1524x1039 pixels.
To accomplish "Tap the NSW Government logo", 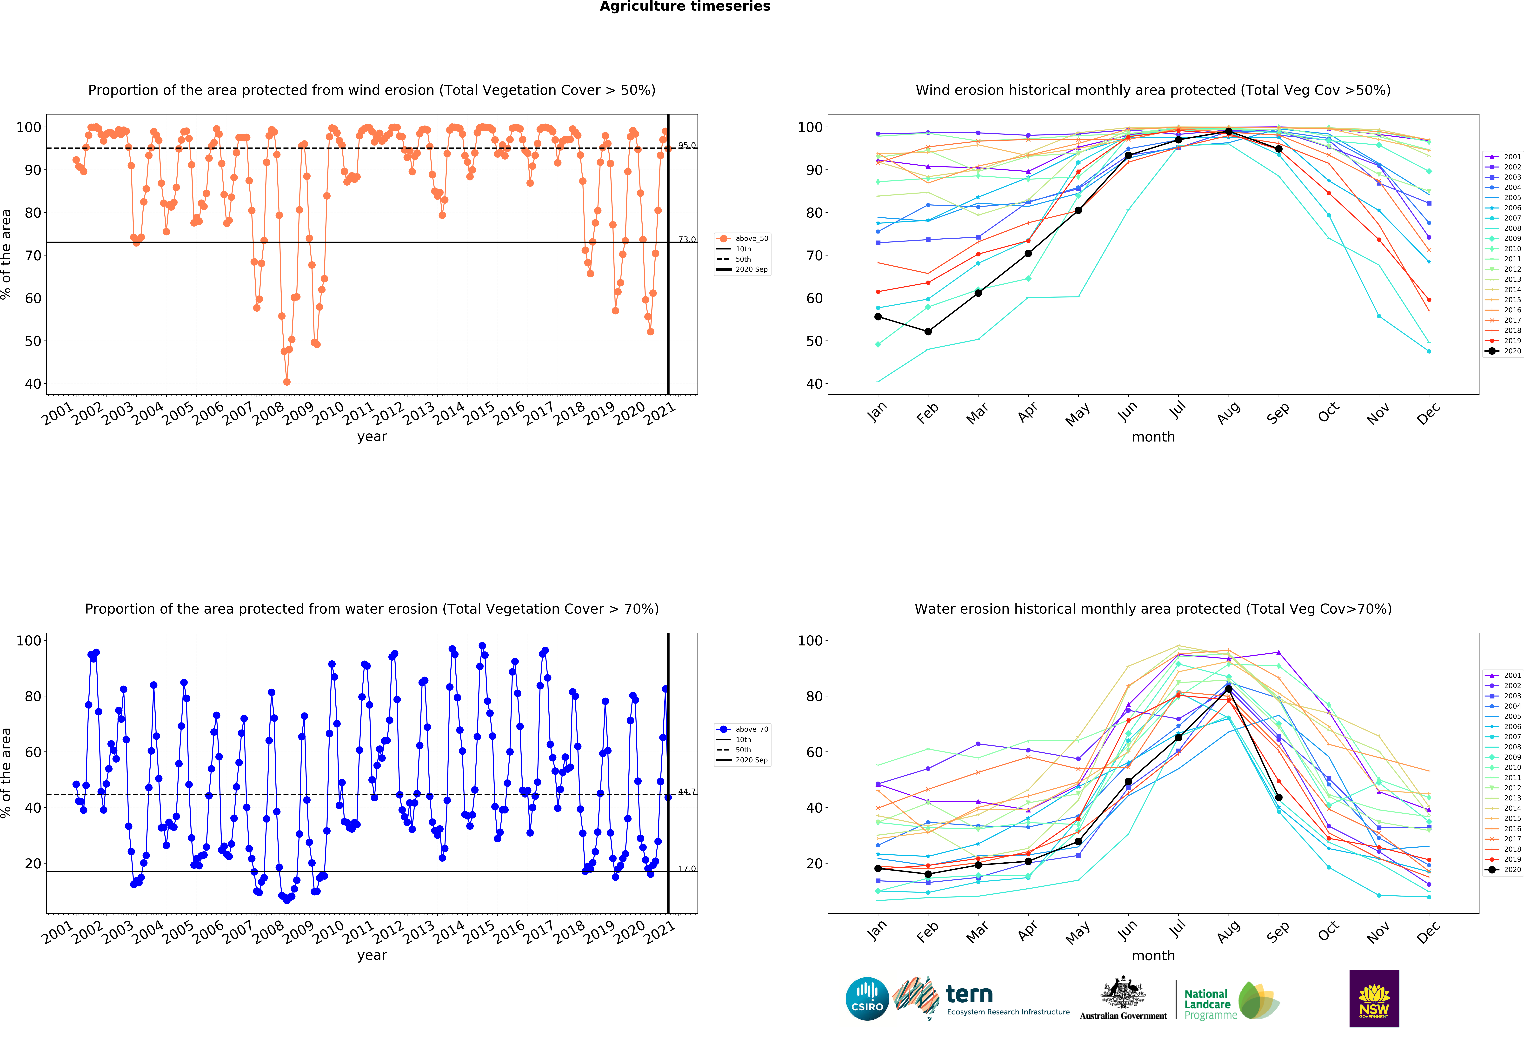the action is click(x=1374, y=998).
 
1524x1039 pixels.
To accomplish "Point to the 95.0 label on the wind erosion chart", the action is click(x=687, y=146).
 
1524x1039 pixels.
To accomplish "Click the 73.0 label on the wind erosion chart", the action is click(x=687, y=239).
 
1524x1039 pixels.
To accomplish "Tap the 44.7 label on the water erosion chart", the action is click(x=687, y=792).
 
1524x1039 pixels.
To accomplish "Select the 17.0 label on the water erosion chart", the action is click(x=687, y=868).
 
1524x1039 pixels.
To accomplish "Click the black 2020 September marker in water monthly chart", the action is click(x=1278, y=798).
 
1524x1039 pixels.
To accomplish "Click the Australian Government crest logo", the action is click(x=1123, y=998).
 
